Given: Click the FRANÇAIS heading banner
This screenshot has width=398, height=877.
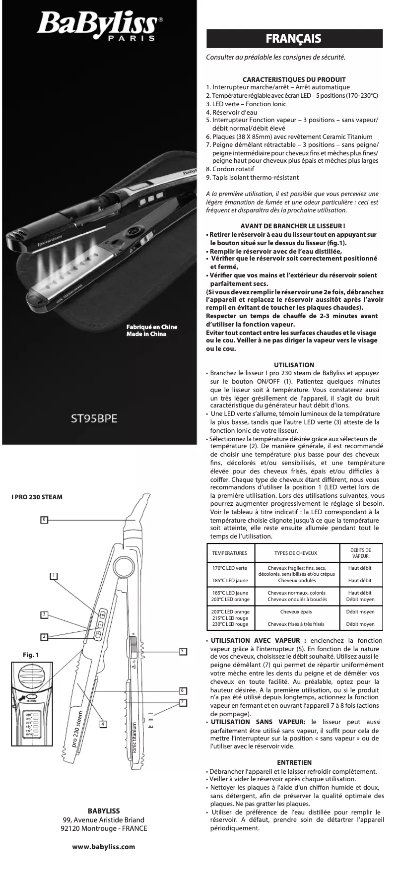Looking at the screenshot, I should pyautogui.click(x=294, y=39).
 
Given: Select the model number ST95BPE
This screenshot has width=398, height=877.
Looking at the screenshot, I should pyautogui.click(x=94, y=418).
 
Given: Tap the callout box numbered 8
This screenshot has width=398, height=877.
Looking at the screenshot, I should pyautogui.click(x=44, y=519).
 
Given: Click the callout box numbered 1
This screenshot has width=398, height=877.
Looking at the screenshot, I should pyautogui.click(x=54, y=575).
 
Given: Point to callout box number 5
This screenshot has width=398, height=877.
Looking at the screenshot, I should pyautogui.click(x=182, y=651).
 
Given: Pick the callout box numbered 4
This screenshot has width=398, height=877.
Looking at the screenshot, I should pyautogui.click(x=102, y=724).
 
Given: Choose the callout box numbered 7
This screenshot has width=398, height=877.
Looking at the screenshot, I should pyautogui.click(x=182, y=702).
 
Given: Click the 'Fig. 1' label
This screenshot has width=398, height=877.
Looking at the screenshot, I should pyautogui.click(x=31, y=655).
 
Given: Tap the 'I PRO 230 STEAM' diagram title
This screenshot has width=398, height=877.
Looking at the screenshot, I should pyautogui.click(x=37, y=497).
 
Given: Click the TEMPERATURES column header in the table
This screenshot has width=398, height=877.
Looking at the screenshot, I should pyautogui.click(x=229, y=553).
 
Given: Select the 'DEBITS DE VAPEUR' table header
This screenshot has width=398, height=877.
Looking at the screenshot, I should pyautogui.click(x=360, y=553).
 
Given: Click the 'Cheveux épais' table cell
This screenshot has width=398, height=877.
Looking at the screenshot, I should pyautogui.click(x=296, y=611).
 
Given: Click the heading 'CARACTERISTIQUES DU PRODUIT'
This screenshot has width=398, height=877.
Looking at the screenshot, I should pyautogui.click(x=294, y=79).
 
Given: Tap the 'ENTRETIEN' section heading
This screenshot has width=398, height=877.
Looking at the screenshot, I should pyautogui.click(x=294, y=762).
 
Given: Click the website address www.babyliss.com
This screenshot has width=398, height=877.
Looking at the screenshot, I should pyautogui.click(x=103, y=847).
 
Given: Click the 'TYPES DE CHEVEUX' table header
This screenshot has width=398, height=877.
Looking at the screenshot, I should pyautogui.click(x=296, y=553).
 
